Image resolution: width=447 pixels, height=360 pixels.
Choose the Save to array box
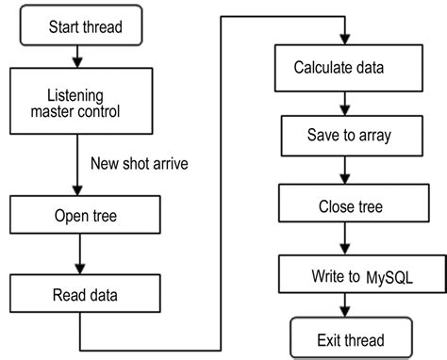coord(350,135)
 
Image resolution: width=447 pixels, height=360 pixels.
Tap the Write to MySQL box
coord(348,277)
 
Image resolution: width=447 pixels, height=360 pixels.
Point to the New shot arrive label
coord(140,163)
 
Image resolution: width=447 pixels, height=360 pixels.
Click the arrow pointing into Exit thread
coord(350,307)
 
